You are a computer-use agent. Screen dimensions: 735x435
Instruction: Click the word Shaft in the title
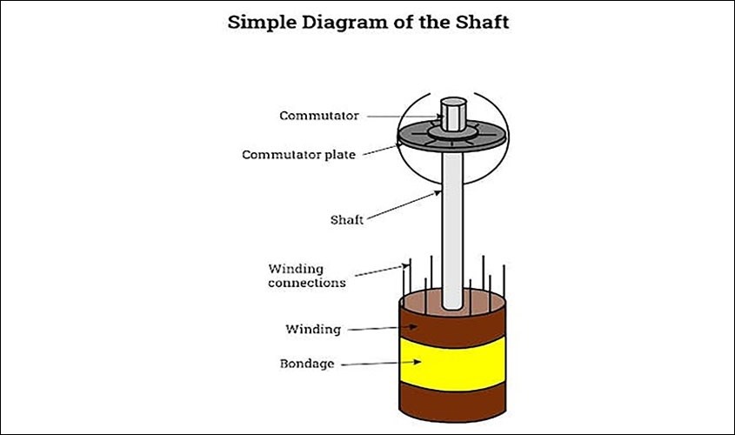pyautogui.click(x=482, y=22)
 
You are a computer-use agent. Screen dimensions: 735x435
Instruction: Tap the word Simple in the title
pyautogui.click(x=262, y=23)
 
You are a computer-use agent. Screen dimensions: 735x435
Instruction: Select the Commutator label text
pyautogui.click(x=319, y=116)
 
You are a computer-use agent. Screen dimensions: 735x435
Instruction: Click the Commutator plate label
pyautogui.click(x=298, y=155)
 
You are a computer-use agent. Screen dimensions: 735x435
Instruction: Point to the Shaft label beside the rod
pyautogui.click(x=347, y=219)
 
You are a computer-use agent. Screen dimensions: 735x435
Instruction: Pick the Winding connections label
pyautogui.click(x=307, y=276)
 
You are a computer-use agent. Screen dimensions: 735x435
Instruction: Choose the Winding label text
pyautogui.click(x=313, y=329)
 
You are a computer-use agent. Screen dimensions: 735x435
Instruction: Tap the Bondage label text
pyautogui.click(x=307, y=364)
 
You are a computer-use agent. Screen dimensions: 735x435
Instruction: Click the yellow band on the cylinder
pyautogui.click(x=453, y=364)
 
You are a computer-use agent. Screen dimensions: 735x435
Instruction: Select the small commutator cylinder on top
pyautogui.click(x=453, y=114)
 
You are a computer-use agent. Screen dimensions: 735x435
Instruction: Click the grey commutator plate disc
pyautogui.click(x=452, y=137)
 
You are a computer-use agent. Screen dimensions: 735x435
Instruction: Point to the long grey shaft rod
pyautogui.click(x=452, y=230)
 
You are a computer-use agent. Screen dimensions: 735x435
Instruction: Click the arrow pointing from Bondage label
pyautogui.click(x=381, y=363)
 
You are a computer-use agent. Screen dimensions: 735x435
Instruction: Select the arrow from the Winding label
pyautogui.click(x=383, y=328)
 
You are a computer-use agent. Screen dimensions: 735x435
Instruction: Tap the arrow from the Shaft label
pyautogui.click(x=404, y=205)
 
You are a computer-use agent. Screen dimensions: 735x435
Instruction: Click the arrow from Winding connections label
pyautogui.click(x=382, y=271)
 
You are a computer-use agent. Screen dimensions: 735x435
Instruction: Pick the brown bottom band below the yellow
pyautogui.click(x=453, y=402)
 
